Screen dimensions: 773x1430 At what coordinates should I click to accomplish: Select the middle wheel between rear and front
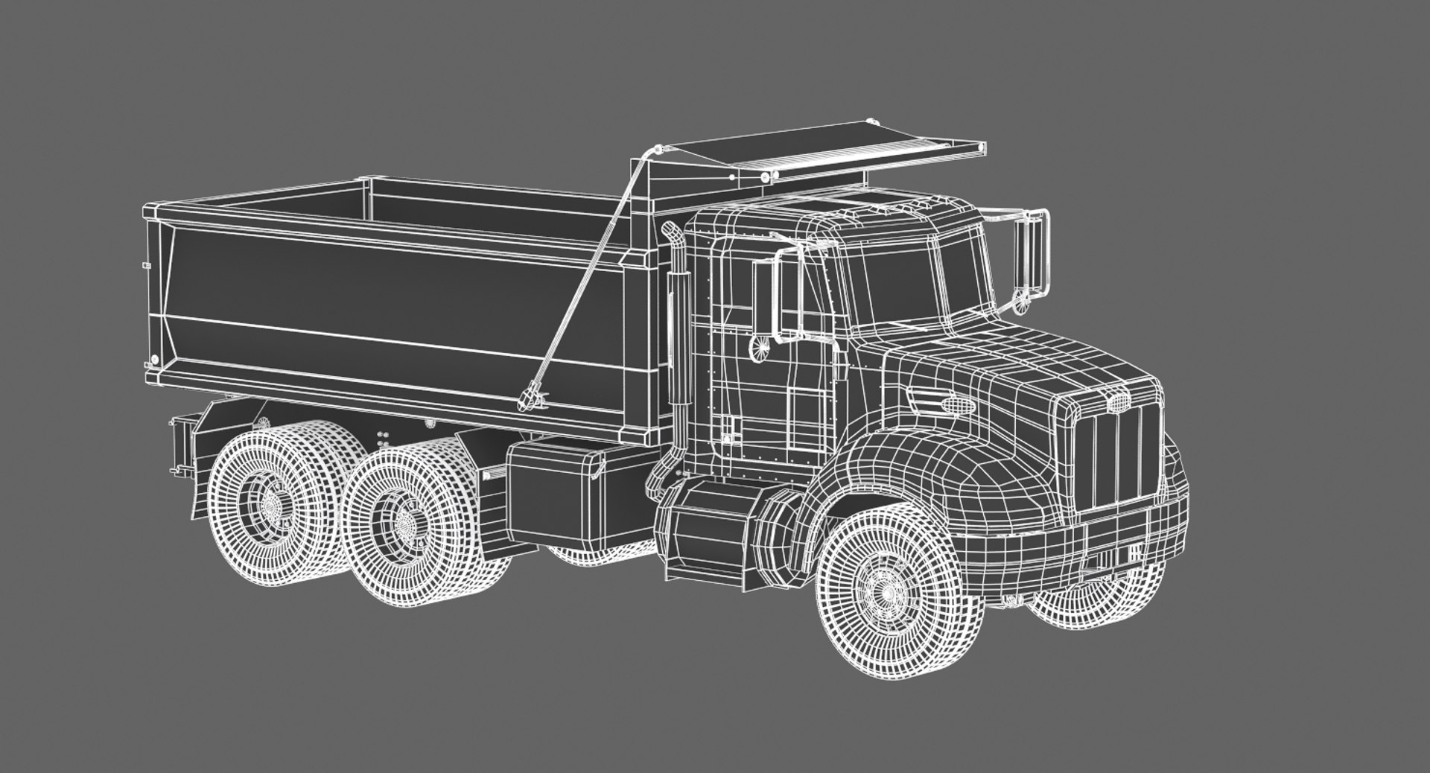tap(405, 521)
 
